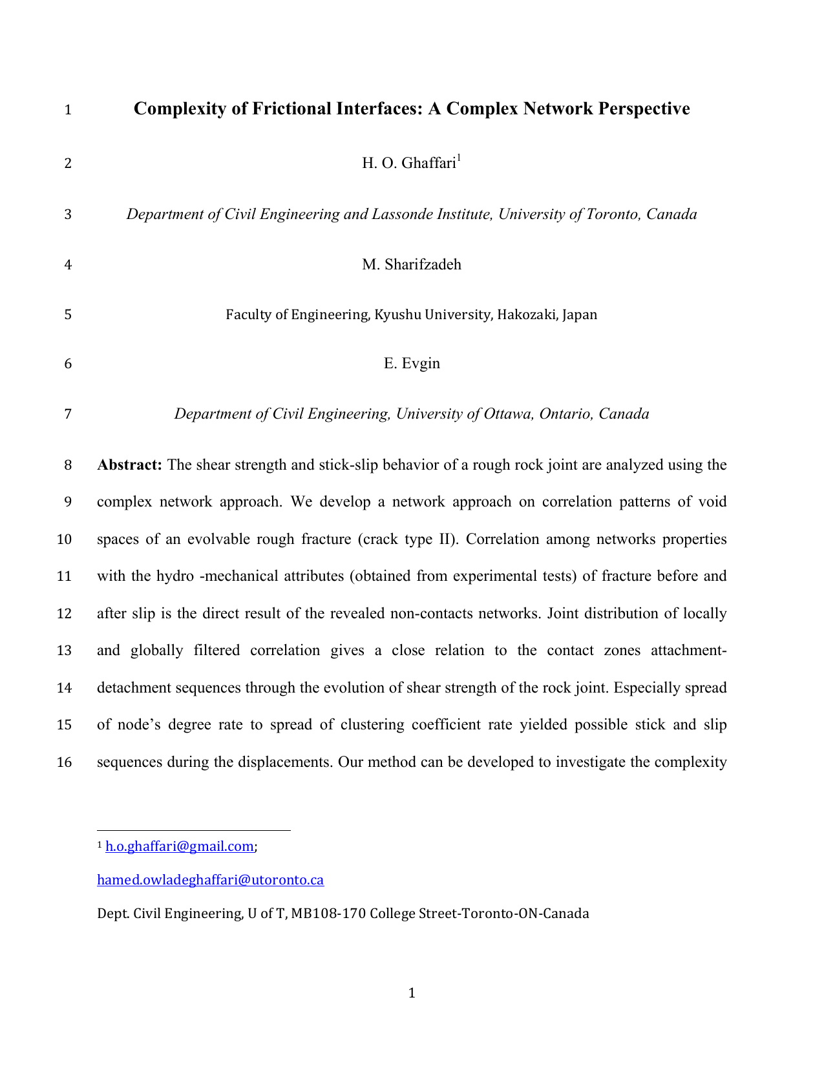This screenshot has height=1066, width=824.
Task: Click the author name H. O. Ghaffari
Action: point(408,163)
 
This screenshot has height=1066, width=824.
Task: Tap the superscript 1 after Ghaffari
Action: point(459,158)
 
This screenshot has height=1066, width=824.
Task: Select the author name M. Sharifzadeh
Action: point(412,265)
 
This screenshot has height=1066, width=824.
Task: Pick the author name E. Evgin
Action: point(412,364)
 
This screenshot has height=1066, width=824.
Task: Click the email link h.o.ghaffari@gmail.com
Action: point(179,846)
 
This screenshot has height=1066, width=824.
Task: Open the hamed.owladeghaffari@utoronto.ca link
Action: point(210,880)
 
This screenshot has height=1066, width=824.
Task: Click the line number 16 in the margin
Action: point(64,762)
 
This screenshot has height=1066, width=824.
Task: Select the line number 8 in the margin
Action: point(67,465)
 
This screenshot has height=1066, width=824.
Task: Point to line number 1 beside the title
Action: point(67,110)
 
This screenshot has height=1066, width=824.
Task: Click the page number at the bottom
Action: point(412,993)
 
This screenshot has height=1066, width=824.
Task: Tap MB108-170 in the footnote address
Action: point(328,914)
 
